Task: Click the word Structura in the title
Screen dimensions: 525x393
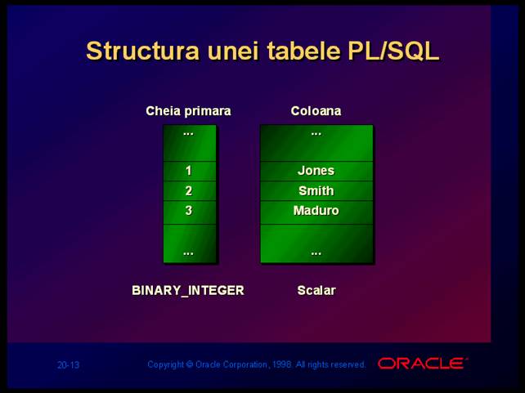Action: (142, 51)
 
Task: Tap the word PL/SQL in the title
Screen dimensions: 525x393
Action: (393, 51)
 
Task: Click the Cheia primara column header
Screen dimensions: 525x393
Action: (188, 111)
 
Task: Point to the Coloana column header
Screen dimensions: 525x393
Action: (316, 111)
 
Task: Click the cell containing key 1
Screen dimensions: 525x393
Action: (189, 172)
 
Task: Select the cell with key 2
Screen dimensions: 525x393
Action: (189, 191)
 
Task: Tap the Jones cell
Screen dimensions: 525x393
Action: (316, 172)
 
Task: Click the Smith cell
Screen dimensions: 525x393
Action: (316, 191)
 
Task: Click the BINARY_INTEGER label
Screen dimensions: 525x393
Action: (188, 290)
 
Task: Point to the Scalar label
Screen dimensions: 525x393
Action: (316, 290)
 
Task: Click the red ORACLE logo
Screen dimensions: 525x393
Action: (422, 364)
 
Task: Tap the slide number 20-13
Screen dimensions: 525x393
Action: (68, 365)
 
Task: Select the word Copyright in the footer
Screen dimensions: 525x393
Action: (166, 364)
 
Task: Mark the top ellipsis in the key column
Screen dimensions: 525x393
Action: (188, 134)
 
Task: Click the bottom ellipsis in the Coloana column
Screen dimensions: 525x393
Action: (316, 253)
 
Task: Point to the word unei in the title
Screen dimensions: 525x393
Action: (233, 51)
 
